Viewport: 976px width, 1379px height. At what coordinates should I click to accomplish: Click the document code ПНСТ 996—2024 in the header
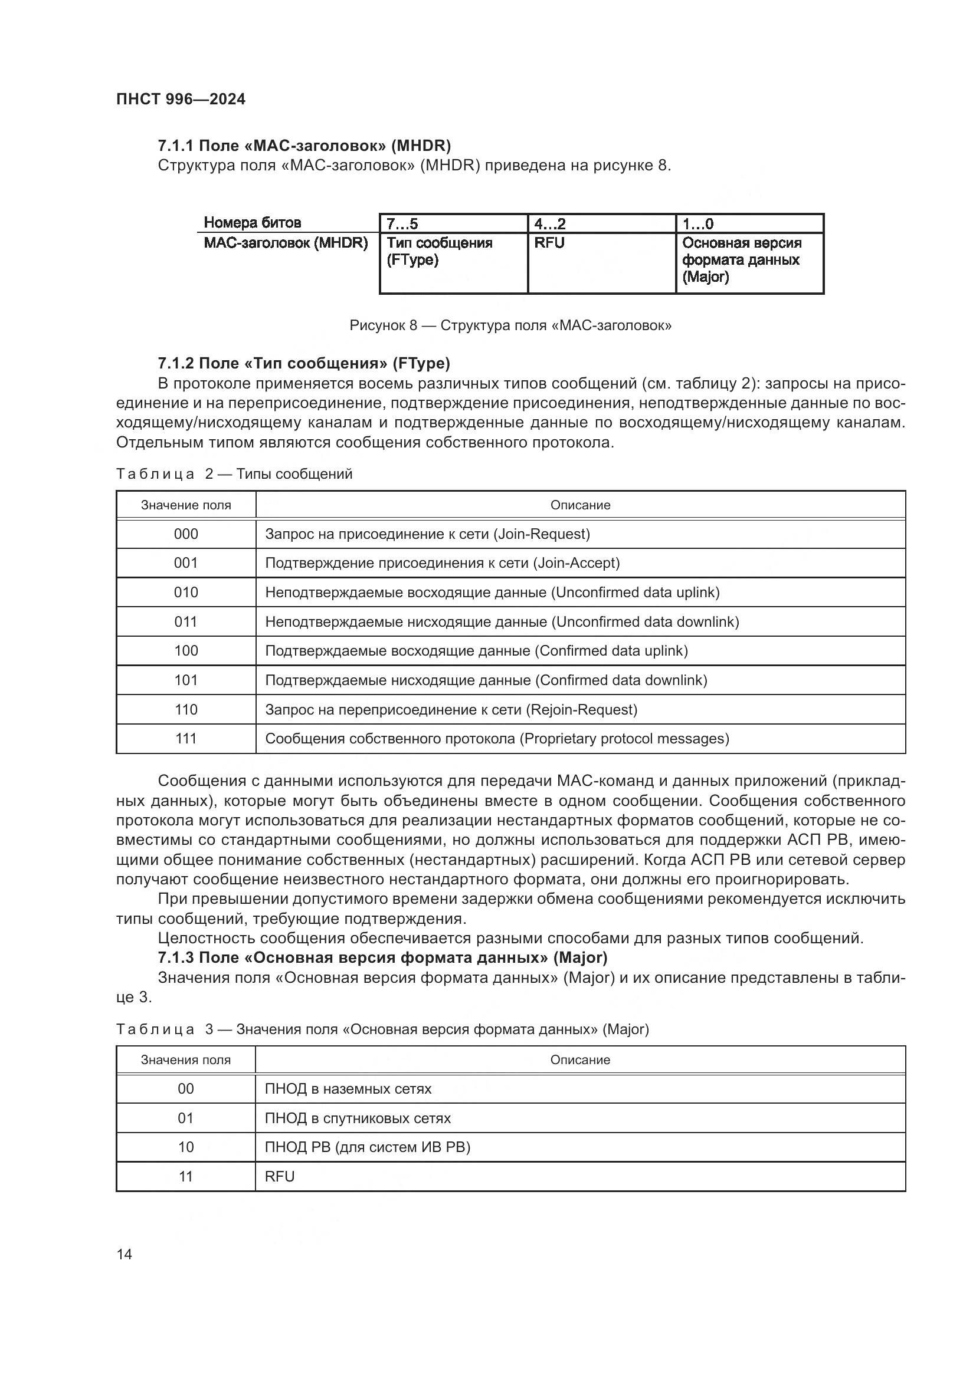[181, 99]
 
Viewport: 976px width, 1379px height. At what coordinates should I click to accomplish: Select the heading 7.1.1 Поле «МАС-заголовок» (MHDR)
[304, 146]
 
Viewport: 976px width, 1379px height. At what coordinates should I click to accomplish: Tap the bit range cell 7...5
[453, 224]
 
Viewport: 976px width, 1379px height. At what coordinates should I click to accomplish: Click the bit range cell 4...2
[601, 224]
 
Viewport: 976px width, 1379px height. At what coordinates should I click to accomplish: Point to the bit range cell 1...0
[749, 224]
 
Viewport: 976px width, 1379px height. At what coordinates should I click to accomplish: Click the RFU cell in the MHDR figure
[601, 262]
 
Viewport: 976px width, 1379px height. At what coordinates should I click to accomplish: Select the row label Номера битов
[253, 223]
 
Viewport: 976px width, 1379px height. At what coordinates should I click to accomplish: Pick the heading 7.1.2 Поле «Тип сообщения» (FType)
[303, 363]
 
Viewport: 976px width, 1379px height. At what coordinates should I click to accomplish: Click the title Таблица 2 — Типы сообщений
[234, 474]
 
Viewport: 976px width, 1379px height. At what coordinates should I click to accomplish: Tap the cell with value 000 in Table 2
[186, 534]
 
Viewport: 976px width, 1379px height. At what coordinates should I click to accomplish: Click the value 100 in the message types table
[186, 650]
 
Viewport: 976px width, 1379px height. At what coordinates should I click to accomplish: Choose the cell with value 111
[186, 739]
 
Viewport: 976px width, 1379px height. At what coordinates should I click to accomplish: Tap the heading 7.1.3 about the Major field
[382, 957]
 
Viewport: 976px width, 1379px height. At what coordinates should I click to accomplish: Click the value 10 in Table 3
[186, 1147]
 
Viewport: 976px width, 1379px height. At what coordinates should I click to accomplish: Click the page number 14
[125, 1254]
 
